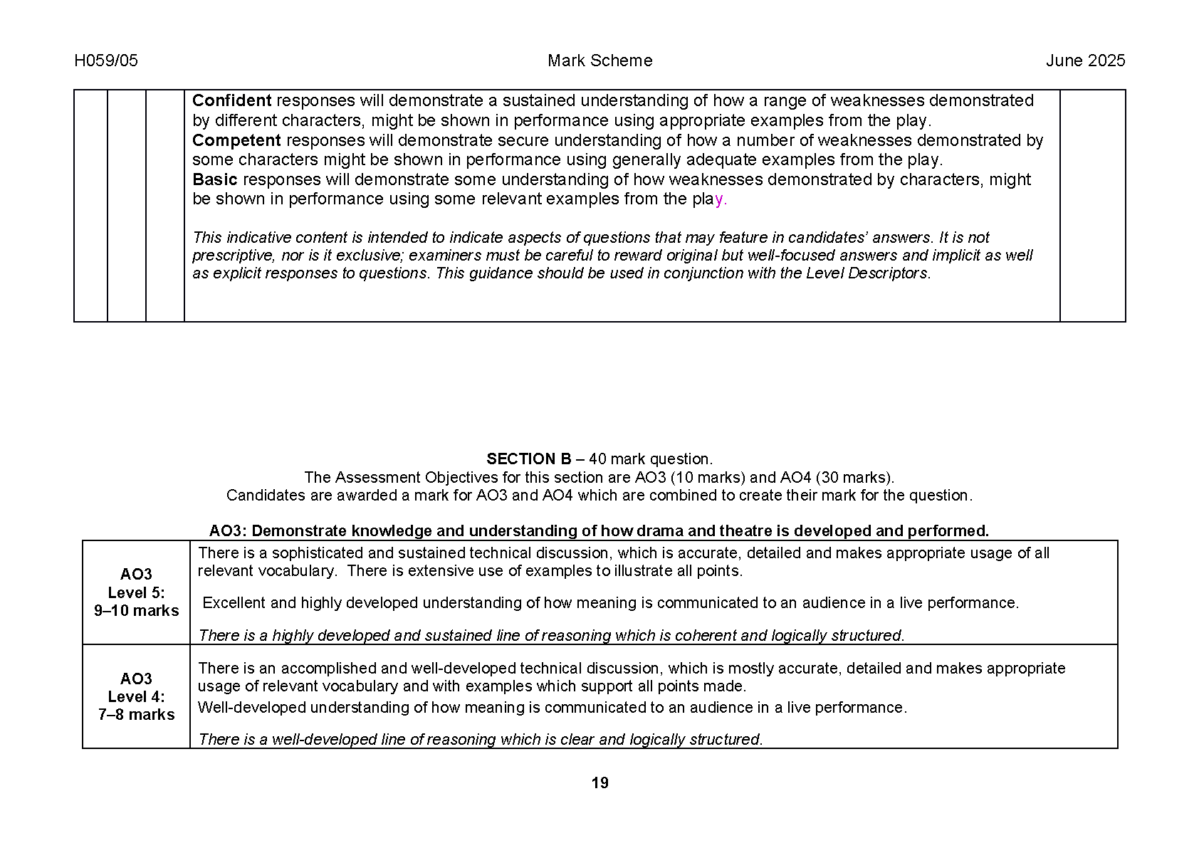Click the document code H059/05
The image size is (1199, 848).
coord(106,61)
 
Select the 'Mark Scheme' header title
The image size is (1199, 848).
coord(599,61)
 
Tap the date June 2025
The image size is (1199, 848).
coord(1085,61)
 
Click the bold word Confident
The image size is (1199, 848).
coord(232,101)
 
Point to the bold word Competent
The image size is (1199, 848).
coord(236,141)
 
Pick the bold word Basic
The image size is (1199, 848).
coord(214,180)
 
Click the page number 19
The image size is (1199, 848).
coord(599,783)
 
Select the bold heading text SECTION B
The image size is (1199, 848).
coord(529,459)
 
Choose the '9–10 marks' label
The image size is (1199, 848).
coord(137,611)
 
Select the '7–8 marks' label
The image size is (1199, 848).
coord(137,715)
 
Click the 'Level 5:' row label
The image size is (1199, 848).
coord(137,592)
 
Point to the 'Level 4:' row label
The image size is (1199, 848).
coord(137,697)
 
